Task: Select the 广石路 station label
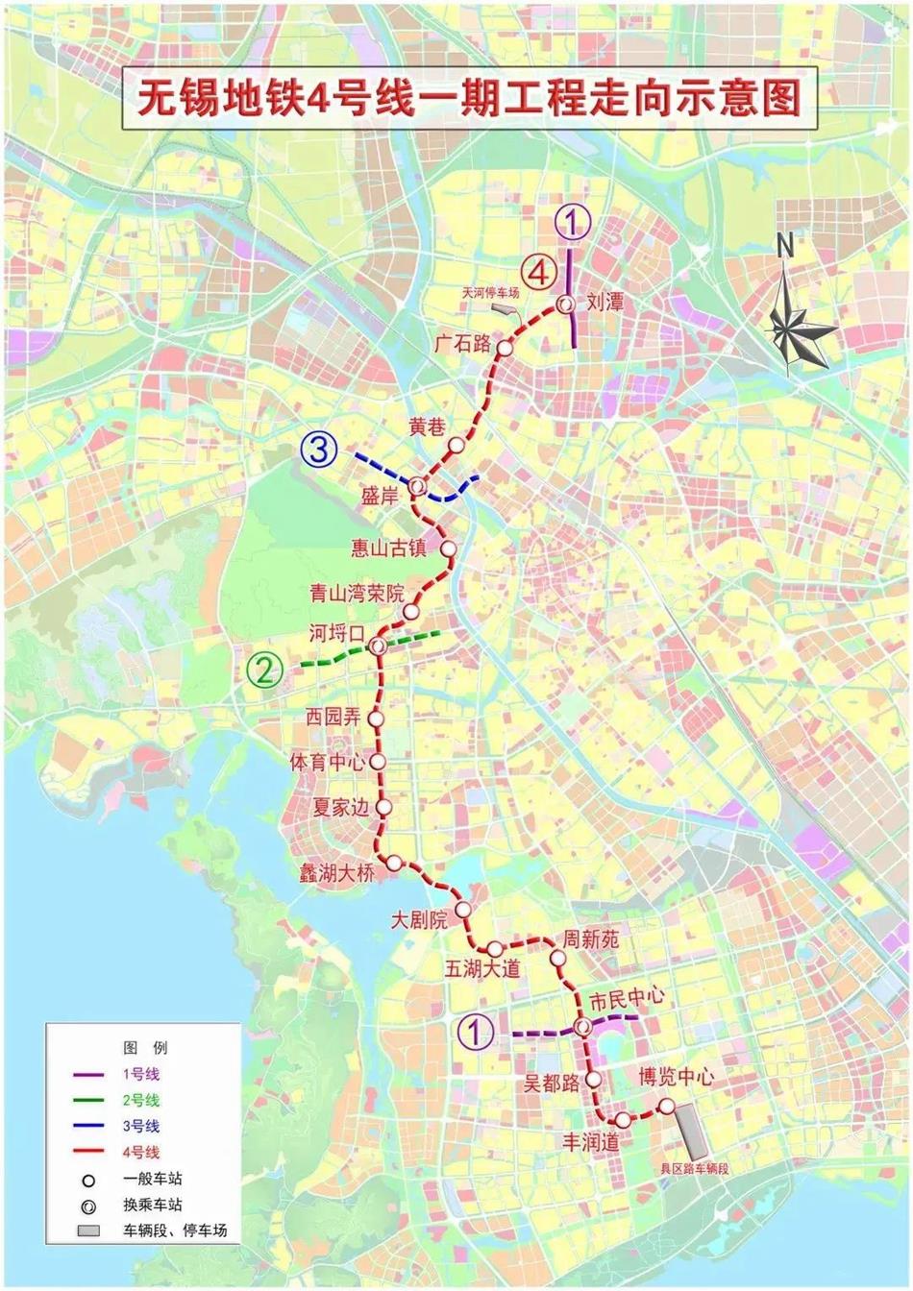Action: (462, 343)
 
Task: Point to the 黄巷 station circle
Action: (456, 446)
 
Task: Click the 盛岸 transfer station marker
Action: (417, 487)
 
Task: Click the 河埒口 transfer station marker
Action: (378, 646)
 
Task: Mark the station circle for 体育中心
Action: (377, 762)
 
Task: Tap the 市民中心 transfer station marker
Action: (583, 1028)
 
